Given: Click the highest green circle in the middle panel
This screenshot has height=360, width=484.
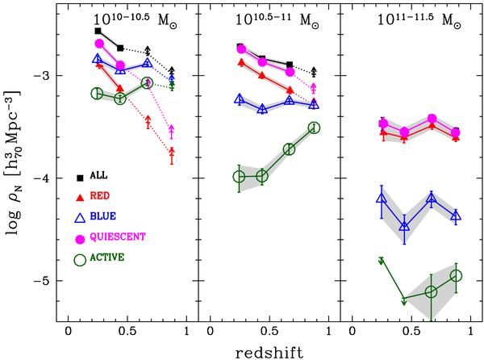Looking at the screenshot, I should pos(314,128).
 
